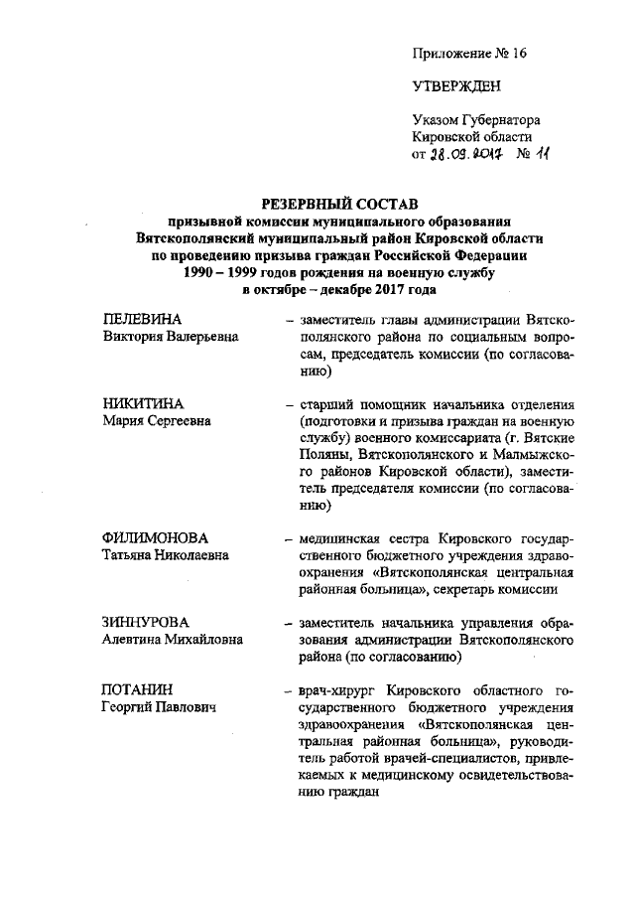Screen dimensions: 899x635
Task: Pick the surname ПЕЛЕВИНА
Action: point(143,320)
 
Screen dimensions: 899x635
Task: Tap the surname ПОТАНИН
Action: point(138,688)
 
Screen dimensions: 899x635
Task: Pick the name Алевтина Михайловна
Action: point(173,640)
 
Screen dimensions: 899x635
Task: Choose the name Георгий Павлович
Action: point(160,706)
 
